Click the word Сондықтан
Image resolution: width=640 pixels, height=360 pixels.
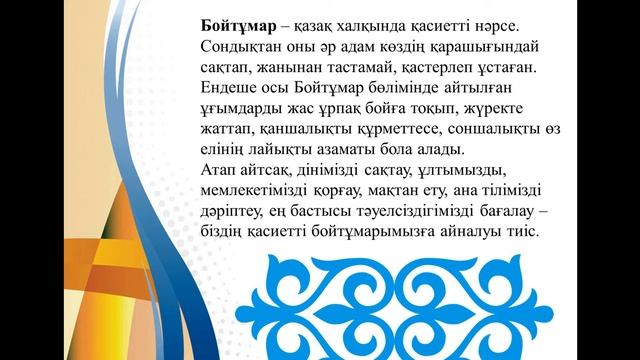[x=238, y=46]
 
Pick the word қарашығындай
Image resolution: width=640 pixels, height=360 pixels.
[x=477, y=46]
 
